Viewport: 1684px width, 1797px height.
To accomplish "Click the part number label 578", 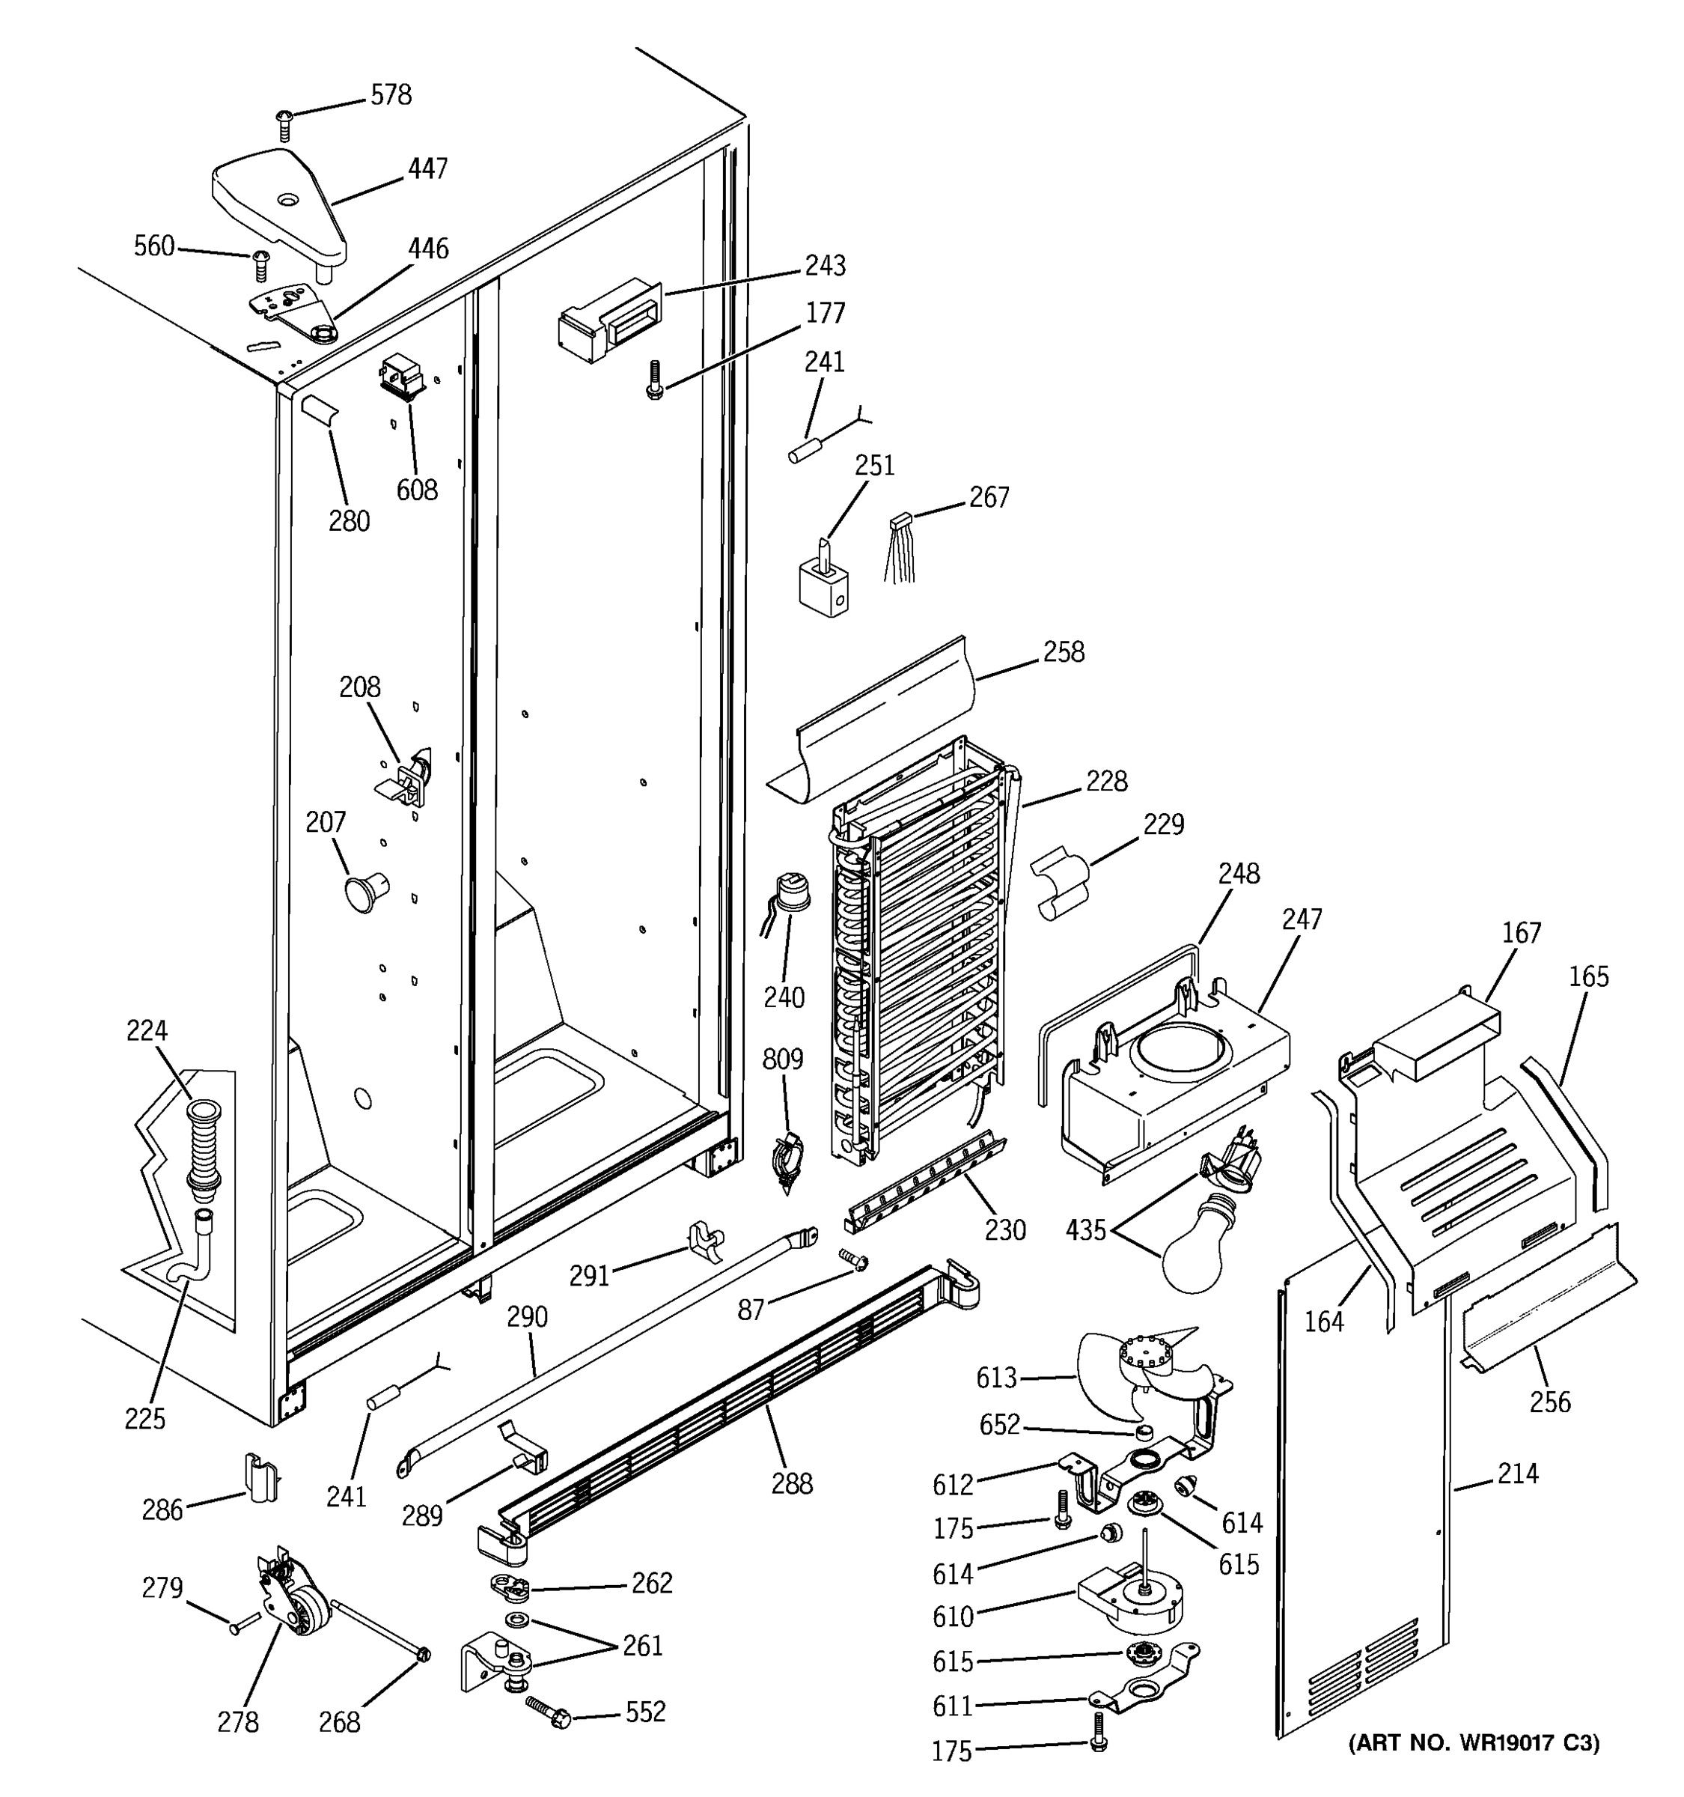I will click(x=391, y=95).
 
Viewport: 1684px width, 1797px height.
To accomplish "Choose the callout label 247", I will click(x=1301, y=919).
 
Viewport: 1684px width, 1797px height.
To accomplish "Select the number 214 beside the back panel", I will click(x=1518, y=1474).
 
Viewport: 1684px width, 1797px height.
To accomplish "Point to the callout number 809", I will click(x=782, y=1059).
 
